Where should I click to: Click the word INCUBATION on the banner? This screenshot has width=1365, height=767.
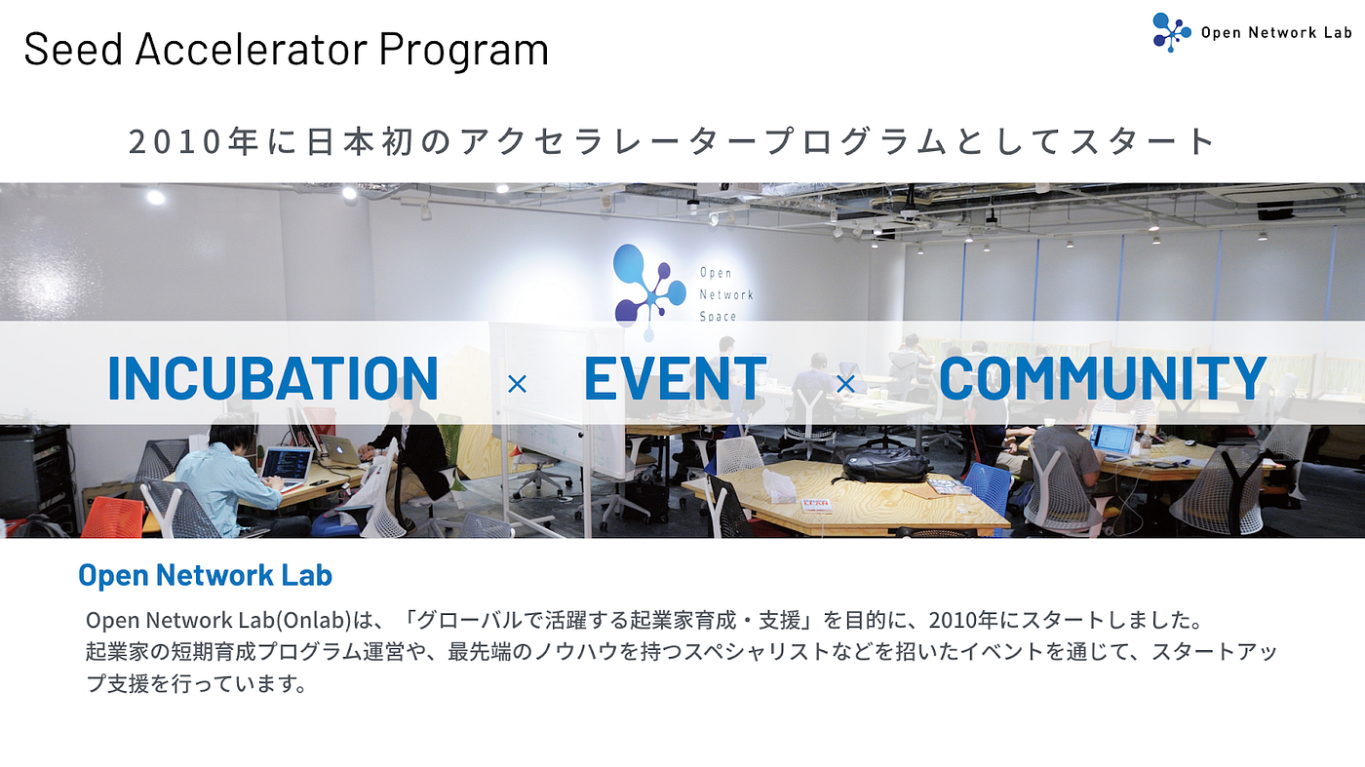(272, 378)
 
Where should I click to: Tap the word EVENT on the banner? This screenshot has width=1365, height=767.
(675, 378)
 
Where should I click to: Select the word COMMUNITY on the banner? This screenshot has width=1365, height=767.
(1102, 378)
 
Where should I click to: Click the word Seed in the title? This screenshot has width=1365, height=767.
(71, 50)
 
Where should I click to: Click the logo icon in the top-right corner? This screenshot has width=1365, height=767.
(1170, 31)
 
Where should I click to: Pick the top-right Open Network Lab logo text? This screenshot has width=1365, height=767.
(1275, 33)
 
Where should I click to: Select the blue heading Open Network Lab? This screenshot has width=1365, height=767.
(205, 575)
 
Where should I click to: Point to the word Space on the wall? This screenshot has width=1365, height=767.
(718, 316)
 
